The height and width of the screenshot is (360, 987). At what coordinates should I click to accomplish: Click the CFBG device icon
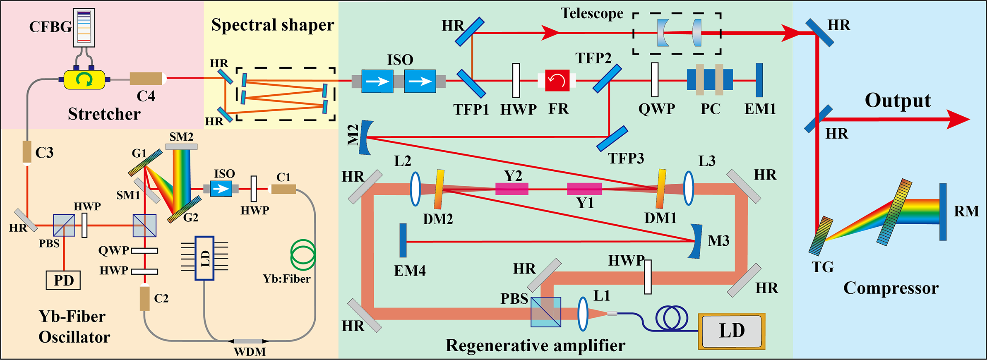click(x=84, y=27)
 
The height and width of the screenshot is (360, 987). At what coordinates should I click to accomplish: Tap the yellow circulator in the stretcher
click(x=84, y=79)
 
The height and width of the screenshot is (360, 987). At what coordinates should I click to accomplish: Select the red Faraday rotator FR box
click(x=557, y=80)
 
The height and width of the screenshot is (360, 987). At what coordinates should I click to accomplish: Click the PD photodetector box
click(x=63, y=280)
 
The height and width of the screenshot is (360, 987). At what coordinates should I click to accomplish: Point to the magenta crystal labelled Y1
click(x=584, y=189)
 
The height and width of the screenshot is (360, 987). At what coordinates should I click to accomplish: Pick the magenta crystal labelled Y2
click(x=512, y=189)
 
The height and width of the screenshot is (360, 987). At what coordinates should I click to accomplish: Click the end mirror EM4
click(x=403, y=240)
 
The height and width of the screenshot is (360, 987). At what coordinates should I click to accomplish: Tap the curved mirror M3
click(x=696, y=241)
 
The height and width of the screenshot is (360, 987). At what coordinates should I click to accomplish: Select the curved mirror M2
click(x=365, y=137)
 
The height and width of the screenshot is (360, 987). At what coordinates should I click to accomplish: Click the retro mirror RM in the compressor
click(x=943, y=212)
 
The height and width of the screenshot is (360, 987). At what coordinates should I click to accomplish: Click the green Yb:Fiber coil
click(x=303, y=255)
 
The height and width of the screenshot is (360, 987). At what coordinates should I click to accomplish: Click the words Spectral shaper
click(x=272, y=25)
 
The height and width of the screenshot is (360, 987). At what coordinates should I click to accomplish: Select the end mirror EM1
click(x=759, y=80)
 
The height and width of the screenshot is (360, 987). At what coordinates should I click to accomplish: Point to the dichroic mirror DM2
click(x=439, y=189)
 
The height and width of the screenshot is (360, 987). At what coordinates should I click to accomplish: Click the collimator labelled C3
click(x=27, y=152)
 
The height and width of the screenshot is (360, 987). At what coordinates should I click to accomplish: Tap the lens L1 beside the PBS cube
click(x=583, y=314)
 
